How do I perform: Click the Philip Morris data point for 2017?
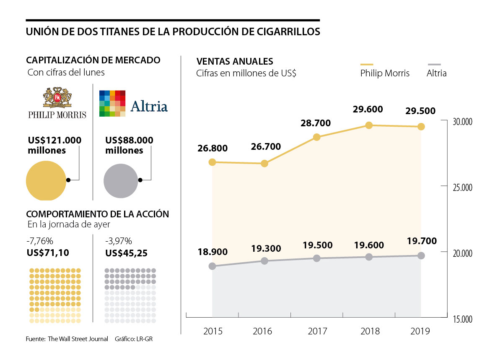(x=317, y=137)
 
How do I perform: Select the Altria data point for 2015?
(x=212, y=266)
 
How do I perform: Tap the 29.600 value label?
(x=368, y=110)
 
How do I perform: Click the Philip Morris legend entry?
(x=385, y=73)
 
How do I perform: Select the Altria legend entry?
(x=436, y=73)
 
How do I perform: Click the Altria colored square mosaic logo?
(x=112, y=103)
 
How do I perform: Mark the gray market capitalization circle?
(x=121, y=181)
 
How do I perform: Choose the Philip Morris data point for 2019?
(x=421, y=127)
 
